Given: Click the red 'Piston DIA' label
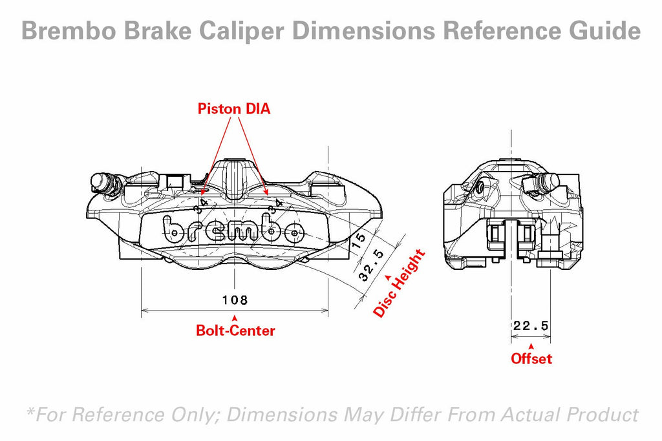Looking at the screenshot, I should tap(234, 109).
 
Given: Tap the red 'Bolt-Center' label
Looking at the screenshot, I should tap(235, 331).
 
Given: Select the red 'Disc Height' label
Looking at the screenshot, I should tap(400, 283).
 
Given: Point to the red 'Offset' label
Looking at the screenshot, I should tap(531, 358).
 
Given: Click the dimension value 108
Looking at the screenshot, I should tap(235, 300).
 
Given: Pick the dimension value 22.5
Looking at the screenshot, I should tap(531, 327).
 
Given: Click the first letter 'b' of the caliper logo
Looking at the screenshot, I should tap(173, 228).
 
